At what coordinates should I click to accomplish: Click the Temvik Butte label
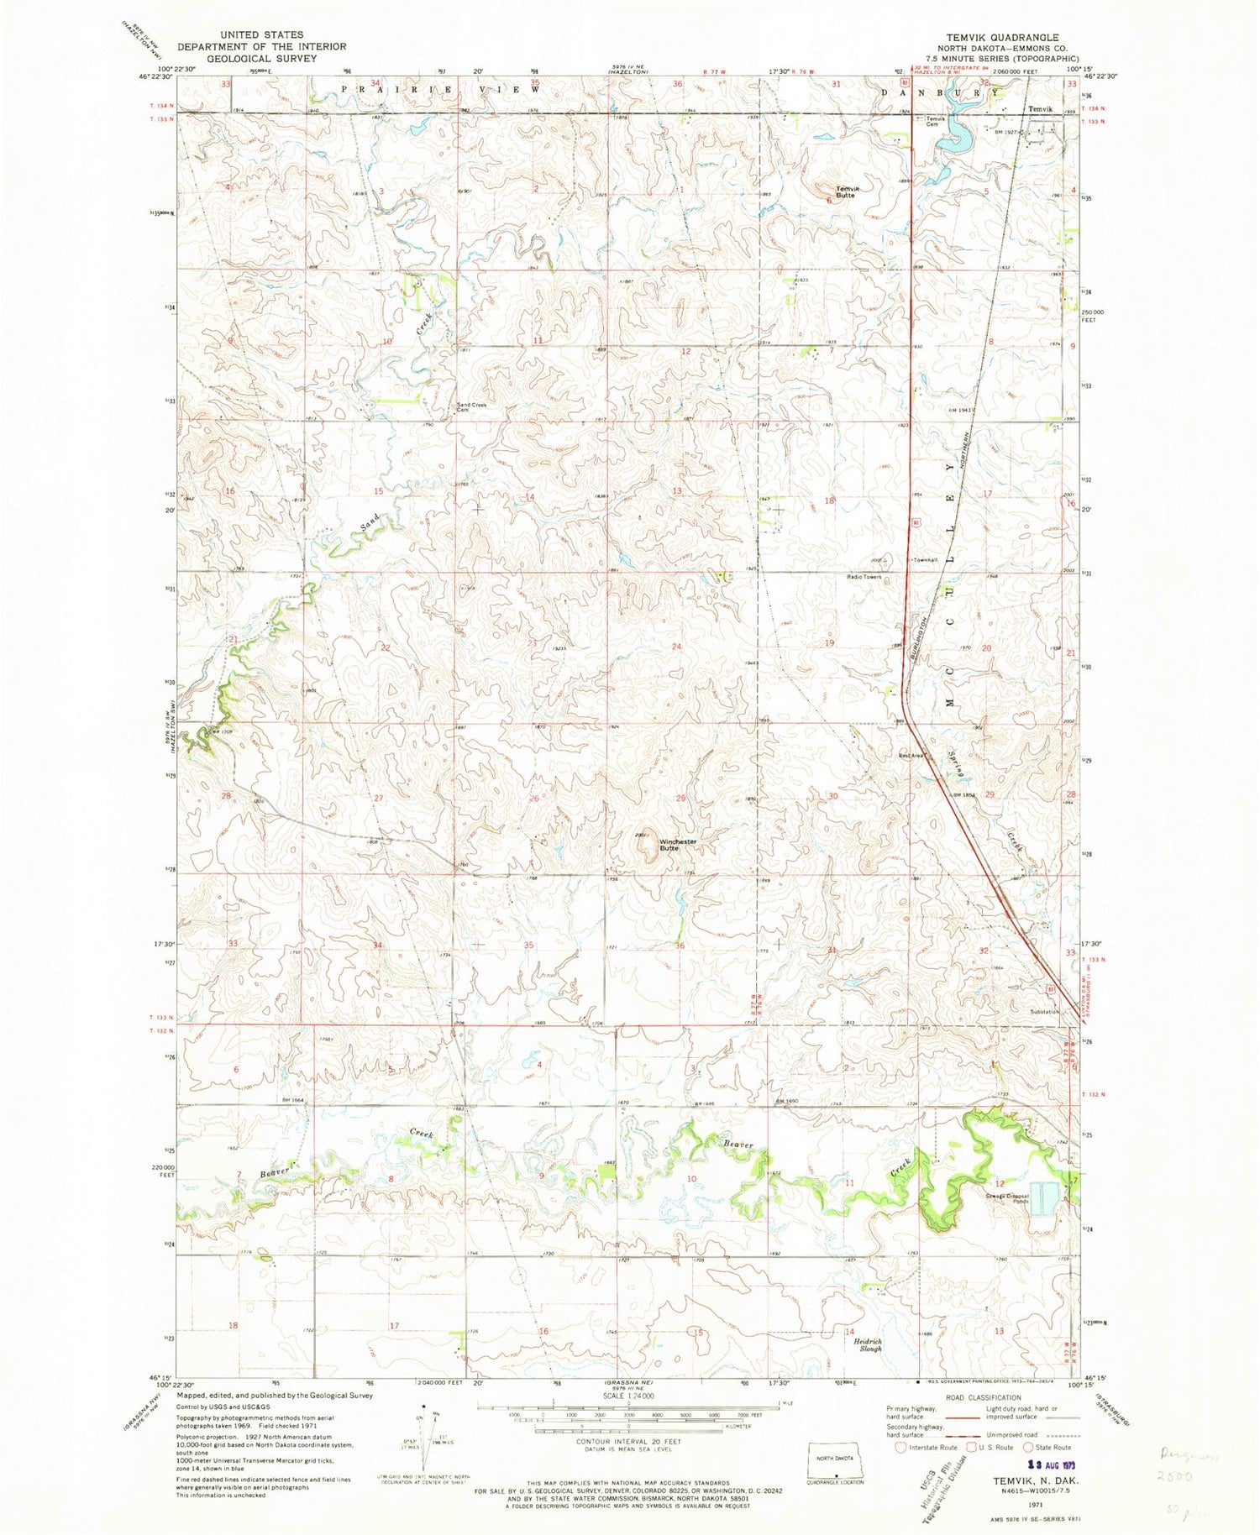pos(845,192)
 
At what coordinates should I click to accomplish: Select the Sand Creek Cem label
pos(471,407)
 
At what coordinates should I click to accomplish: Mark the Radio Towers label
pos(864,577)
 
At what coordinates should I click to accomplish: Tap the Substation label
pos(1045,1012)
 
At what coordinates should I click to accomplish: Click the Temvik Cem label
pos(936,121)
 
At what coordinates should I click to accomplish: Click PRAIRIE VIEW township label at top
pos(442,89)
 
